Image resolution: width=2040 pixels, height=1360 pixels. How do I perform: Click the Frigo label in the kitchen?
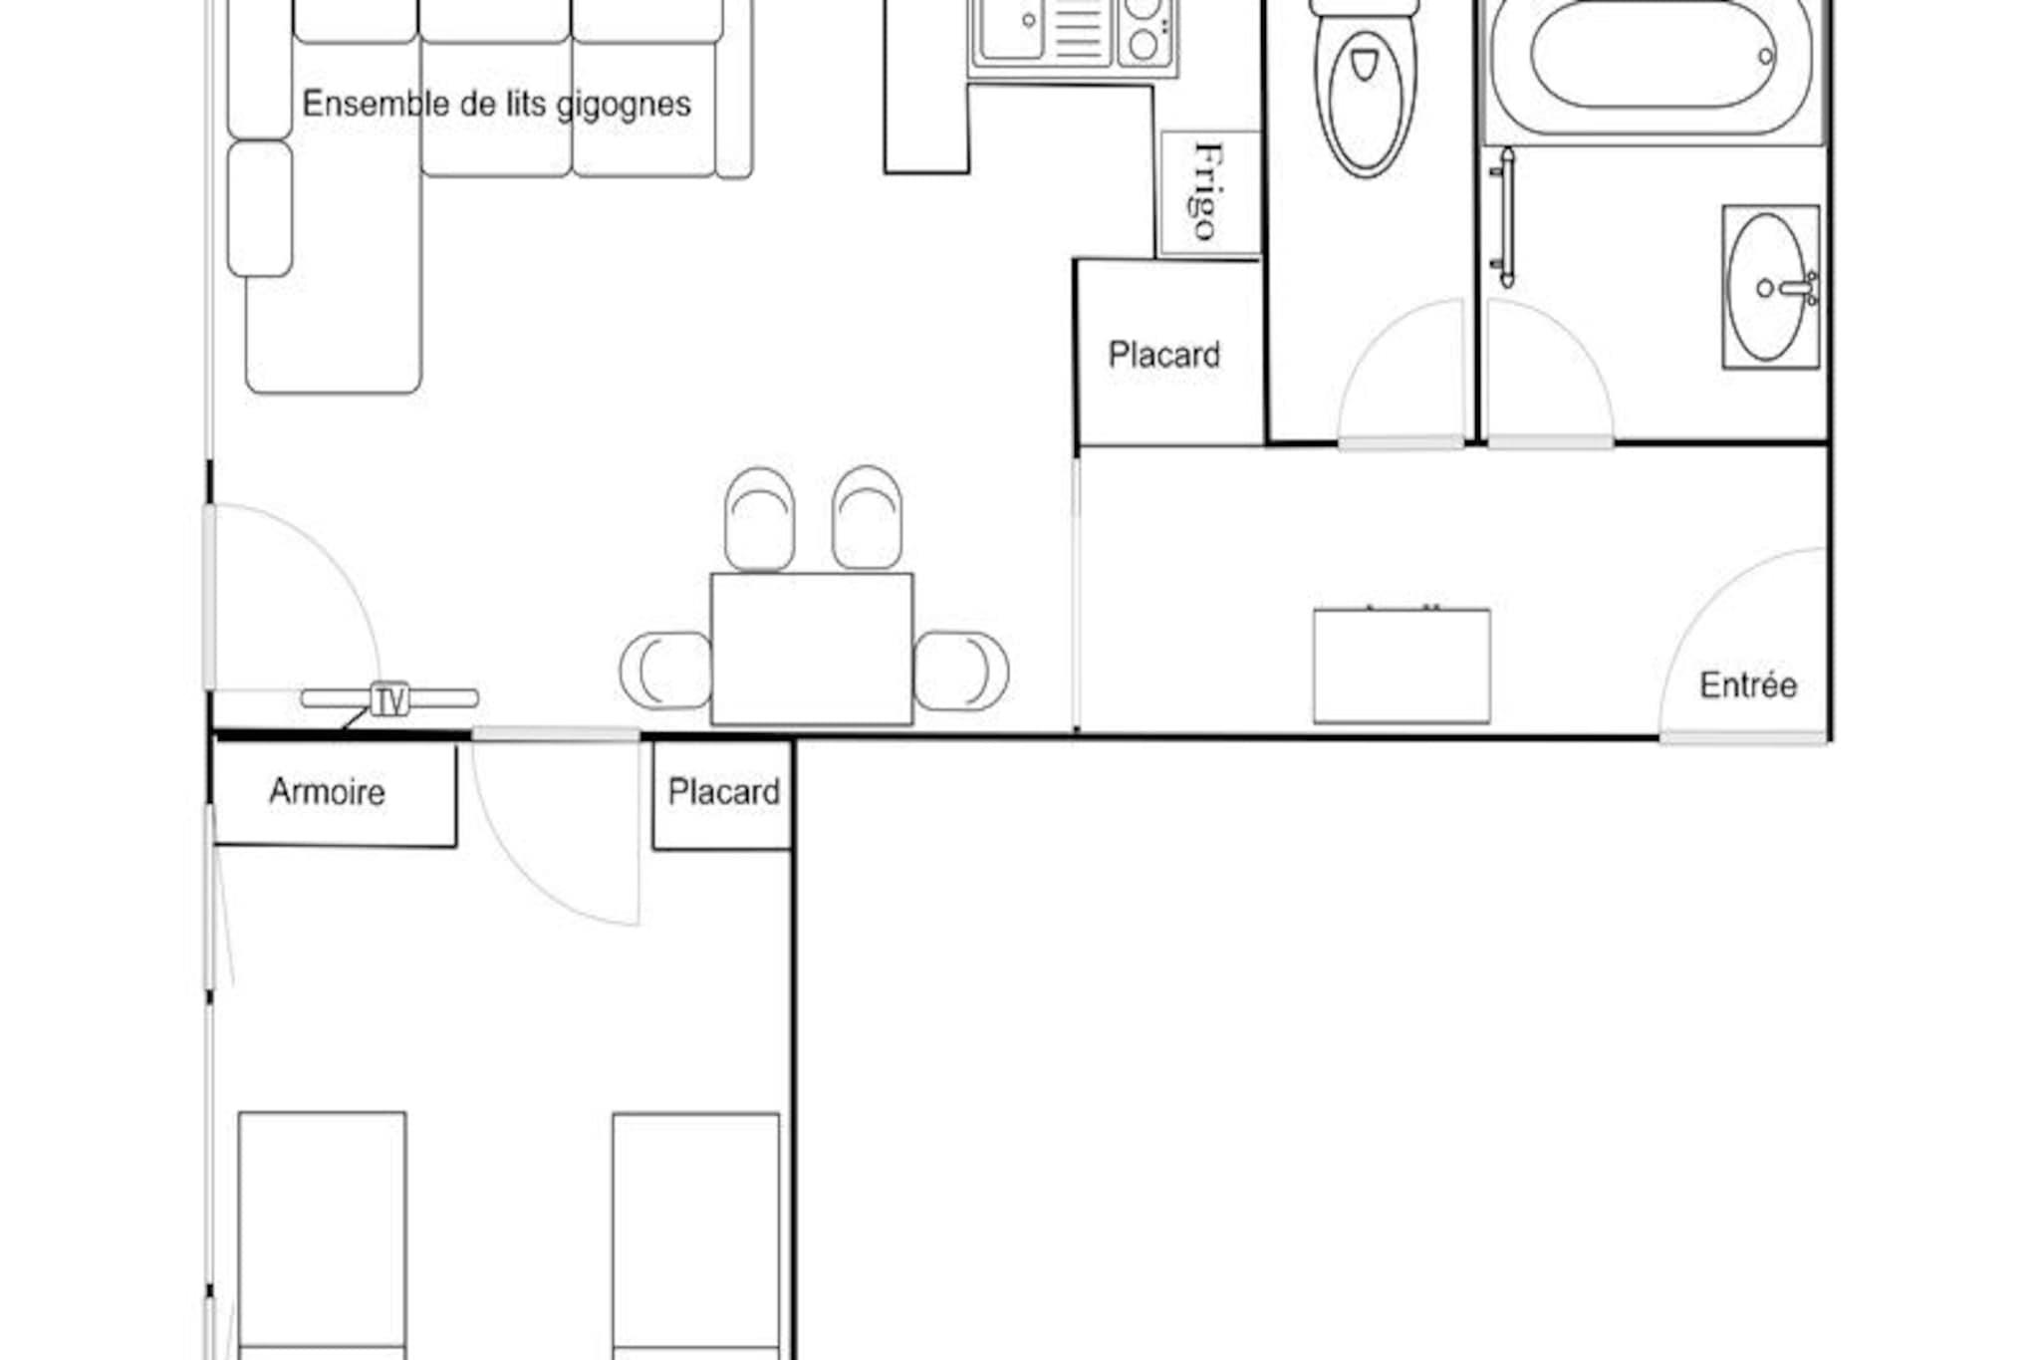click(1207, 191)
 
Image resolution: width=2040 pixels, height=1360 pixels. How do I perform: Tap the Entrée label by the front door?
click(1748, 685)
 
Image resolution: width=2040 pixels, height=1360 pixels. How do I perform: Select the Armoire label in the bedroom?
click(327, 792)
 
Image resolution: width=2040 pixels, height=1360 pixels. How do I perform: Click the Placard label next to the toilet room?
click(1163, 355)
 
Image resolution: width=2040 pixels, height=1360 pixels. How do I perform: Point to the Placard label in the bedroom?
click(723, 792)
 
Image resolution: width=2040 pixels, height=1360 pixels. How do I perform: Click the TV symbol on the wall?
click(389, 699)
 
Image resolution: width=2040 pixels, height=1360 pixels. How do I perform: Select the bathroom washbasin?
click(1771, 287)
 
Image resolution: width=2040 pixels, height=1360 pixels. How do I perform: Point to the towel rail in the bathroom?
click(1505, 217)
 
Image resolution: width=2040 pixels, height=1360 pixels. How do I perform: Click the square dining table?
click(812, 649)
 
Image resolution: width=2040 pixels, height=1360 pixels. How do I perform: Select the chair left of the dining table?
click(665, 671)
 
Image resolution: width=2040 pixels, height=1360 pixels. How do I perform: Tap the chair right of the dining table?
click(961, 671)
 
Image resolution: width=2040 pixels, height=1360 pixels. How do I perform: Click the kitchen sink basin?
click(1011, 27)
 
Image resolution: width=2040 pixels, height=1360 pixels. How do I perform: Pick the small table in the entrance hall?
click(1402, 665)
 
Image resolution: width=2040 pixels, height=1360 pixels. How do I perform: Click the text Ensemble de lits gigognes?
click(496, 104)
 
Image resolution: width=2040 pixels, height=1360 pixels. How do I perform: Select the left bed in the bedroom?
click(322, 1235)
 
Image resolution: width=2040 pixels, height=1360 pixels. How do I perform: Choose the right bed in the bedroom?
click(696, 1235)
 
